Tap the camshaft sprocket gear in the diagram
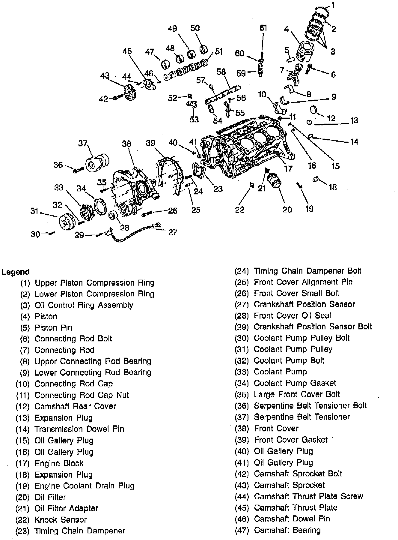(130, 94)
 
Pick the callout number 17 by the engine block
(288, 168)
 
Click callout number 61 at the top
(263, 28)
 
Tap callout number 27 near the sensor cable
(173, 232)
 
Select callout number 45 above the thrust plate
(127, 51)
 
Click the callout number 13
(354, 120)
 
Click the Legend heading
(16, 272)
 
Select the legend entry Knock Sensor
(61, 520)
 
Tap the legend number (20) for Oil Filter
(22, 497)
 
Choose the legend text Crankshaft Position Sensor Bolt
(313, 326)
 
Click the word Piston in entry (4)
(46, 316)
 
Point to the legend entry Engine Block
(59, 463)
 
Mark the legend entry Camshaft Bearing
(287, 530)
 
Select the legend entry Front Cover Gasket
(291, 440)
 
